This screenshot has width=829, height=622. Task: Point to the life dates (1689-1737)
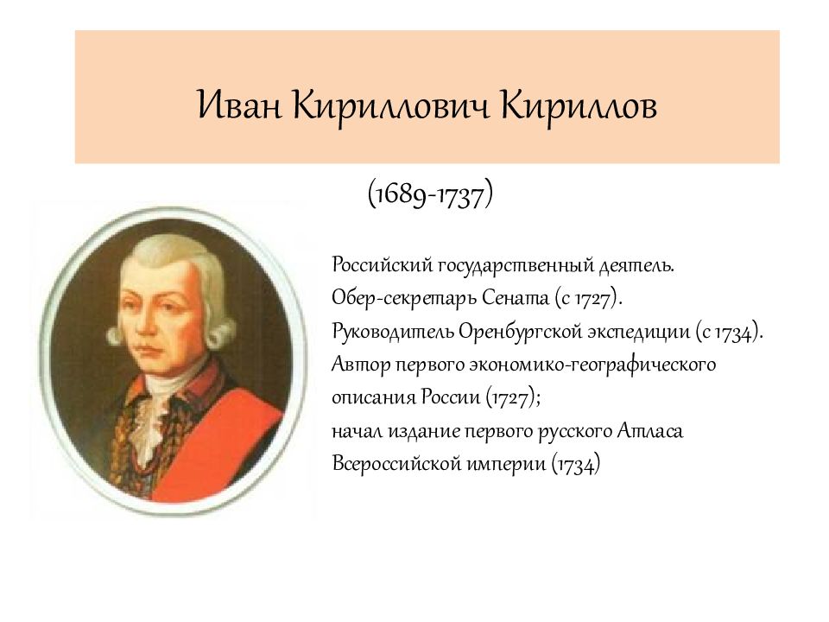430,194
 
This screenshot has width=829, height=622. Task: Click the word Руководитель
380,331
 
